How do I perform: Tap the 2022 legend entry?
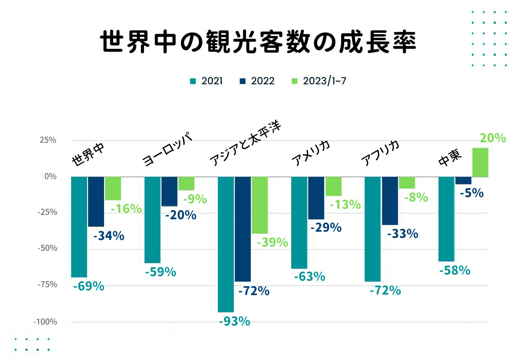(x=258, y=81)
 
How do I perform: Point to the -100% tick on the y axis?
(x=44, y=322)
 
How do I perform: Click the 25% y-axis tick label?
(x=47, y=140)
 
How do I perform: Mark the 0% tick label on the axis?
(x=50, y=176)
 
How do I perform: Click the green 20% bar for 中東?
(x=480, y=162)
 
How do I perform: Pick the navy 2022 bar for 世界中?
(x=96, y=201)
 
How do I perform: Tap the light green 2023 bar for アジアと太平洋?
(x=259, y=205)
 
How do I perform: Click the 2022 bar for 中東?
(x=463, y=180)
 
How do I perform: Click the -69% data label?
(x=88, y=286)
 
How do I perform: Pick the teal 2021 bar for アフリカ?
(x=372, y=229)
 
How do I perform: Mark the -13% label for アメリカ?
(x=345, y=205)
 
